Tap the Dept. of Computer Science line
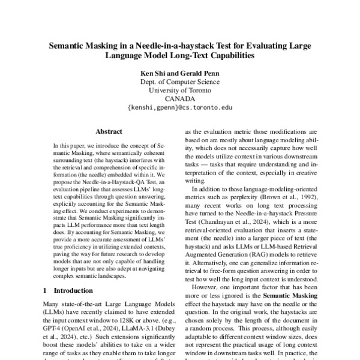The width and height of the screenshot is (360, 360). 180,82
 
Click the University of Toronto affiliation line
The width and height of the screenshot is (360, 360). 180,91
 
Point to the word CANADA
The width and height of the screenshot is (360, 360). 180,100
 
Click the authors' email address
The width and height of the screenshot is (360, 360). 180,109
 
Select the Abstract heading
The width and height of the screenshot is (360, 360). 109,131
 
